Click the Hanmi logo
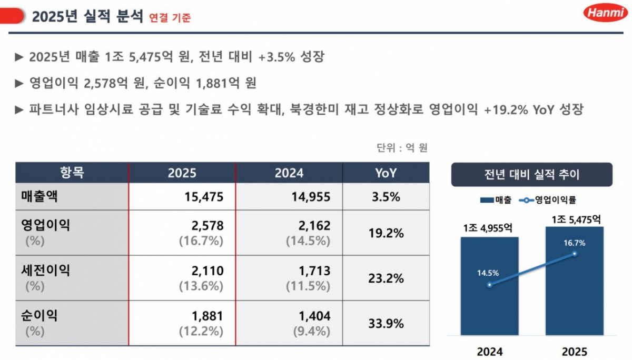[605, 13]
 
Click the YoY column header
[386, 173]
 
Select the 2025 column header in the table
[182, 173]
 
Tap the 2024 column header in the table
[289, 173]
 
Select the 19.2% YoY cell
[386, 233]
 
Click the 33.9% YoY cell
[386, 323]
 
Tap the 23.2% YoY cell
[386, 278]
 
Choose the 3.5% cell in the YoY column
[386, 197]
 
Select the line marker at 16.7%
[575, 254]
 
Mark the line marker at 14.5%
[489, 285]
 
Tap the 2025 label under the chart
[574, 351]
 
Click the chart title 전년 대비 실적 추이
[531, 174]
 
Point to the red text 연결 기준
[170, 17]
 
